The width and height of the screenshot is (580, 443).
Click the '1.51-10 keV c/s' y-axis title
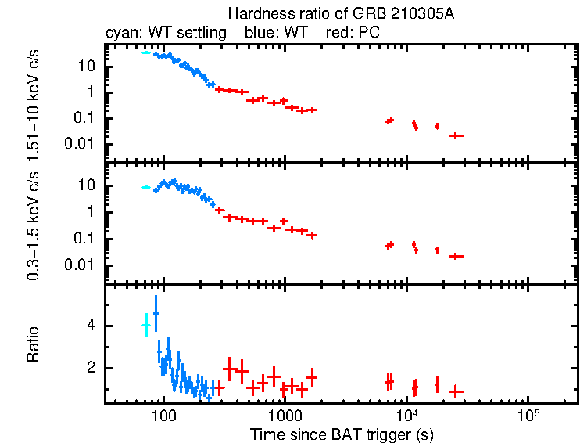point(34,103)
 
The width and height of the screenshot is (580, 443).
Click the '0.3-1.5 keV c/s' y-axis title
point(34,222)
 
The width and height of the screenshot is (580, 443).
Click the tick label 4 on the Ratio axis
point(94,325)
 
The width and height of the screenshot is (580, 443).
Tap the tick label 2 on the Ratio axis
point(94,368)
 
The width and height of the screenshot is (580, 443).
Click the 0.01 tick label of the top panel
point(84,144)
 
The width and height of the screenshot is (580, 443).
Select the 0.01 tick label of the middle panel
point(84,265)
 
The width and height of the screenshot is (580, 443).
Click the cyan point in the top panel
point(145,52)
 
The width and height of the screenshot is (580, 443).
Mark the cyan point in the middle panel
point(145,187)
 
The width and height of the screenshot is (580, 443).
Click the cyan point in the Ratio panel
point(145,325)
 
